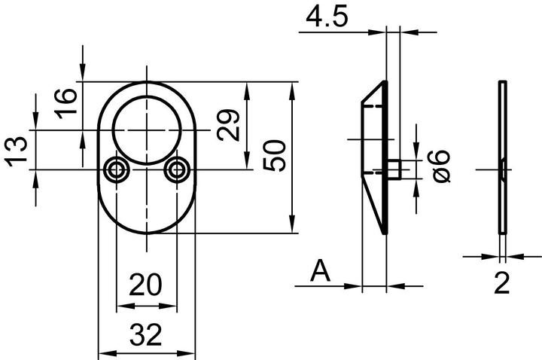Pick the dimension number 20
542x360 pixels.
click(146, 285)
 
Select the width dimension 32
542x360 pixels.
click(146, 335)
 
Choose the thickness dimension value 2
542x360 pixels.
click(502, 283)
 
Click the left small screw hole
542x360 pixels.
click(117, 170)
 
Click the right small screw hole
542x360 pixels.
click(178, 170)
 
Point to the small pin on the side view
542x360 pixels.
click(398, 169)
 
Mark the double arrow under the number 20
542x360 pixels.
click(147, 307)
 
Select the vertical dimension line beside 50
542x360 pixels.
click(292, 156)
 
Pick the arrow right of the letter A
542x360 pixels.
click(350, 286)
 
